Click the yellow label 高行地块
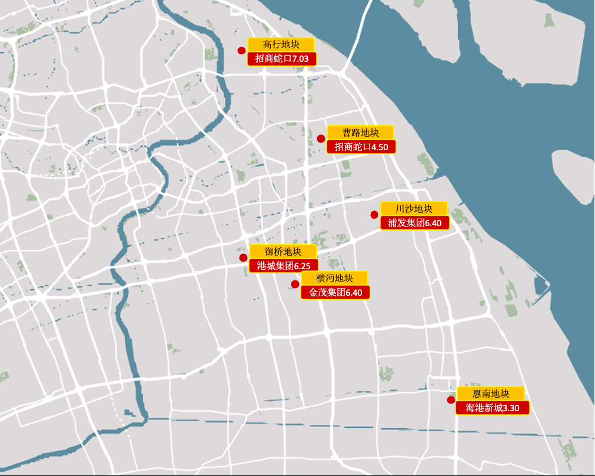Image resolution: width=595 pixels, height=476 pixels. point(281,44)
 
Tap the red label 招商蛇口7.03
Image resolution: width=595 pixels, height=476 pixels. point(282,58)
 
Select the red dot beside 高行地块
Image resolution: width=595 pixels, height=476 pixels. point(241,51)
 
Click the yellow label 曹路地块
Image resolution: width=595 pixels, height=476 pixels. point(360,133)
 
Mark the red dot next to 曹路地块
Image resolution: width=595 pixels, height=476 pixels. point(321,139)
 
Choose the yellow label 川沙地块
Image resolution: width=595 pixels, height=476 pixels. point(414,209)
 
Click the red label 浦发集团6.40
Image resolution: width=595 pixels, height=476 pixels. point(414,223)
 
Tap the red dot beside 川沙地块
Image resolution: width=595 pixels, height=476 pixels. point(374,214)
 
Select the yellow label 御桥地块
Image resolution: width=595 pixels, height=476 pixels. point(283,252)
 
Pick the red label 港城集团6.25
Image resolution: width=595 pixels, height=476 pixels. point(284,266)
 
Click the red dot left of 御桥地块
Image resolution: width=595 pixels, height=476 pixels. point(243,257)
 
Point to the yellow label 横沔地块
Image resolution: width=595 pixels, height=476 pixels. point(334,278)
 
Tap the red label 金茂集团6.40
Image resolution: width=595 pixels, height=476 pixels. point(335,292)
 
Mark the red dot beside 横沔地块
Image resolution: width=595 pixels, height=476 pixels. point(295,284)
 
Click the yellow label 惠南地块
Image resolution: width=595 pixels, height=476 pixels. point(490,394)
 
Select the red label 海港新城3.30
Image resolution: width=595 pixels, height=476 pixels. point(492,408)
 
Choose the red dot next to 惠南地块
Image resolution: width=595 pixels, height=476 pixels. point(451,400)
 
